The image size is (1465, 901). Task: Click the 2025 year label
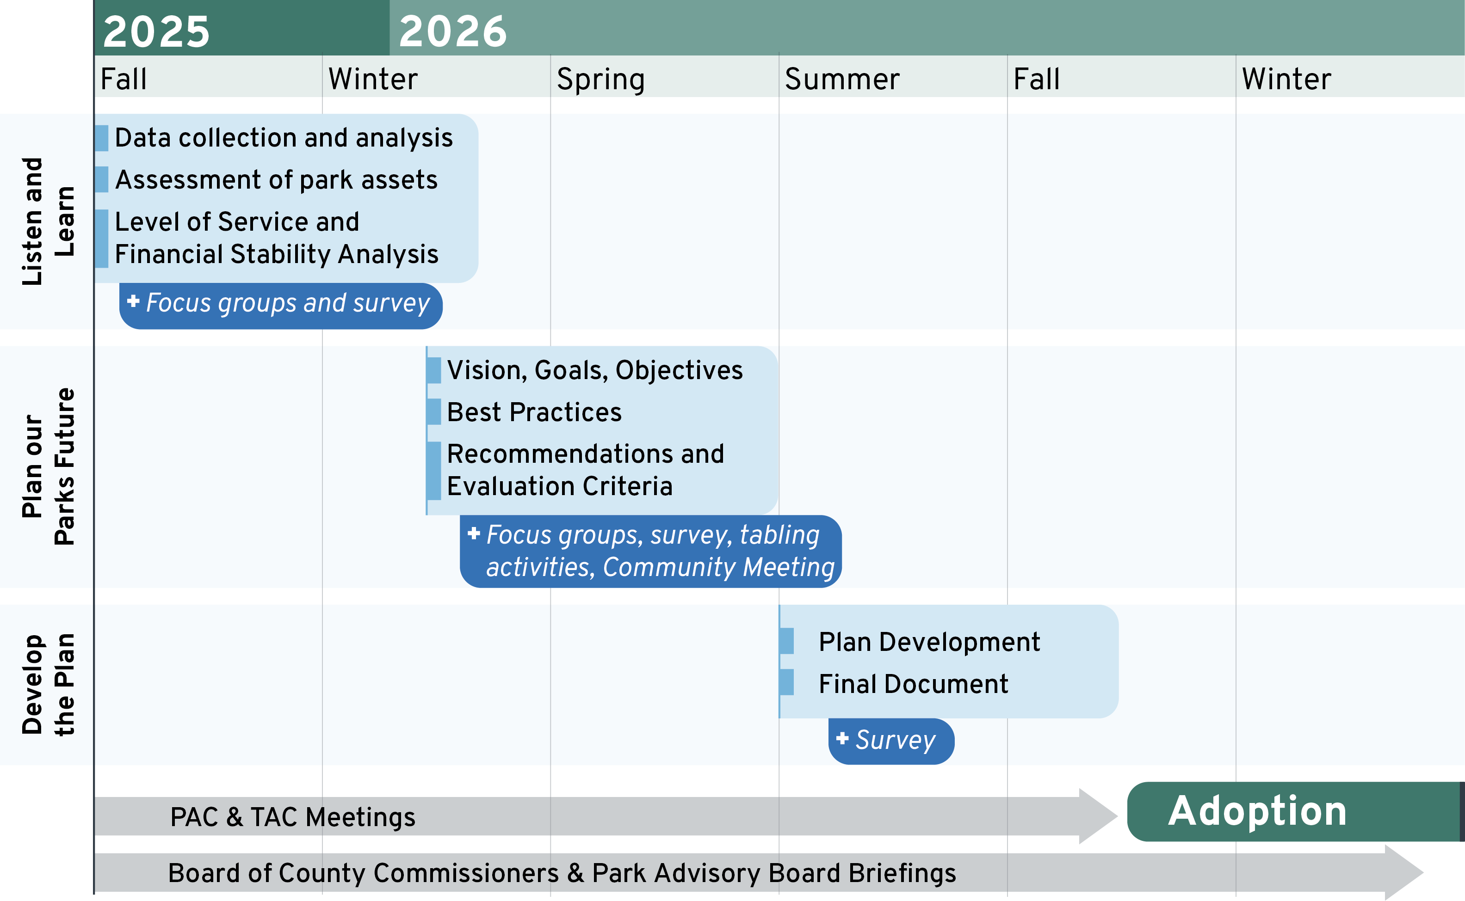(x=156, y=31)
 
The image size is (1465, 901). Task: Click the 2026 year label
(x=452, y=31)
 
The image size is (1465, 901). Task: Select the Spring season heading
(x=600, y=79)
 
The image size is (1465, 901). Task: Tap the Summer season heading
(x=842, y=79)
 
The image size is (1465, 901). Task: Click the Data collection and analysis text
(x=284, y=138)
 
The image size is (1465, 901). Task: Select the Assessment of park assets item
(x=276, y=179)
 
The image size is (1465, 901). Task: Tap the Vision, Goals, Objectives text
(x=594, y=370)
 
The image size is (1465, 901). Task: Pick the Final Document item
(x=913, y=684)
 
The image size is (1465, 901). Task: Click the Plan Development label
(x=929, y=642)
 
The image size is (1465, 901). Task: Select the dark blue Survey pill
(x=891, y=741)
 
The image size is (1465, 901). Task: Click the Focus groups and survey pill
(x=281, y=305)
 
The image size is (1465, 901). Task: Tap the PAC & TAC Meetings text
(x=293, y=817)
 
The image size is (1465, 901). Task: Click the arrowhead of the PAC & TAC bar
(x=1097, y=816)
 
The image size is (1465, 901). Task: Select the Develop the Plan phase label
(x=48, y=684)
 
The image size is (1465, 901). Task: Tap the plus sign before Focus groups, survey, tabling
(x=474, y=533)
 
